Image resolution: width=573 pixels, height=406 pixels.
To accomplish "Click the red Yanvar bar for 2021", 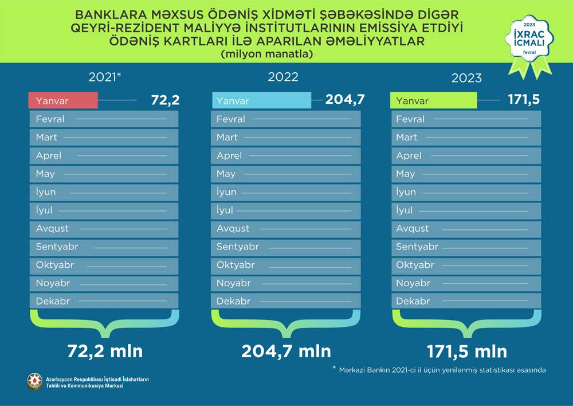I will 63,101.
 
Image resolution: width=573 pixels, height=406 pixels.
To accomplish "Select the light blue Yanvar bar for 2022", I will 261,100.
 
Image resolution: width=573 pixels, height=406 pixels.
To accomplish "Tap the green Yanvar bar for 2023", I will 434,101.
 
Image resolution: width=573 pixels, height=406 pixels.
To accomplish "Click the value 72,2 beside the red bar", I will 165,100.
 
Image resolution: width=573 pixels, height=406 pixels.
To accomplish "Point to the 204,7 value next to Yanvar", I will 345,100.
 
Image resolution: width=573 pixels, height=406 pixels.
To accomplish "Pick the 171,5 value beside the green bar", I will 524,100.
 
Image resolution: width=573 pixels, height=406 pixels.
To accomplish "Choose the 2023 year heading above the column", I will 466,79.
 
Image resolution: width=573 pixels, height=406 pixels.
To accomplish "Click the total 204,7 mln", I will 286,351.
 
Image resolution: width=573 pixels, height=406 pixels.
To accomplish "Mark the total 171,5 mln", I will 466,351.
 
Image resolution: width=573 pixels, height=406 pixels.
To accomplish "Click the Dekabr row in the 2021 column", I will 104,301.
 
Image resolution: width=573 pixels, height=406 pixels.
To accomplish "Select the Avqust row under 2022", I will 286,228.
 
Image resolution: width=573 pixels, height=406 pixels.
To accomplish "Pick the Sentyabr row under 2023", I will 466,247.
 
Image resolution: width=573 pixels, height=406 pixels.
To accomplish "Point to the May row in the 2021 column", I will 104,174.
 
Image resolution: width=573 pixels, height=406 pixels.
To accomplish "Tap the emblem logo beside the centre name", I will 35,382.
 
